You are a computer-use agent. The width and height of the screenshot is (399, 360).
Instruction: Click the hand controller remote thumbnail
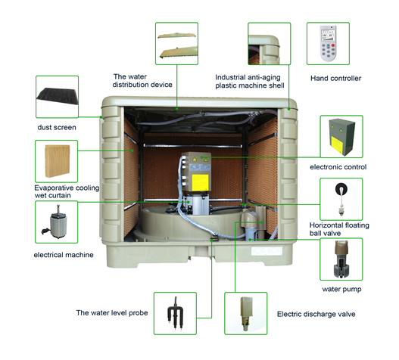coord(328,43)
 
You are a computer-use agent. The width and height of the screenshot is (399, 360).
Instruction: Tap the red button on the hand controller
coord(333,45)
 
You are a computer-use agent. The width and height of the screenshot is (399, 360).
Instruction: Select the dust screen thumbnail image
coord(57,97)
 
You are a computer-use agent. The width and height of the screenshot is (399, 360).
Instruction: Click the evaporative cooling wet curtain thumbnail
coord(56,161)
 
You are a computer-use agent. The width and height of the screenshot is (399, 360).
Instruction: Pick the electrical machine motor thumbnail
coord(56,222)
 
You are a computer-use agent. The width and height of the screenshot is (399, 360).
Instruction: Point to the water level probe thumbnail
coord(175,313)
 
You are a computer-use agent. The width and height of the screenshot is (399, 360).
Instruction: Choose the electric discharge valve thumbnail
coord(246,313)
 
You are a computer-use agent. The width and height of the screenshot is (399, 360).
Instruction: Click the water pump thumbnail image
coord(341,259)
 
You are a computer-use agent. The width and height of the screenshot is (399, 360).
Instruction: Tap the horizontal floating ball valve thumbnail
coord(341,200)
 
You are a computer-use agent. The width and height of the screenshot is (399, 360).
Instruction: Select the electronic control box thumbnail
coord(341,137)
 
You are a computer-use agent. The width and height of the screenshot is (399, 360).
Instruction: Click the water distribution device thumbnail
coord(176,43)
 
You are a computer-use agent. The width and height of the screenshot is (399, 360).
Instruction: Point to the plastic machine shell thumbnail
coord(270,43)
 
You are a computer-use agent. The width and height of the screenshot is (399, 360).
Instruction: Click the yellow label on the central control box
coord(200,182)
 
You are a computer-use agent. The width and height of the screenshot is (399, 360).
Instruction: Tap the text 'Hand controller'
coord(335,79)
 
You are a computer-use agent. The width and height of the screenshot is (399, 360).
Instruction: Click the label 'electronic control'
coord(338,167)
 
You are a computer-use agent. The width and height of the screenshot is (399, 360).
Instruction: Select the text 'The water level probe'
coord(112,312)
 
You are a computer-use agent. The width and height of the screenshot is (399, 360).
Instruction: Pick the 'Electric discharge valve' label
coord(316,314)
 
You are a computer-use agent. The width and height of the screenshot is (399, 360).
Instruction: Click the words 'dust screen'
coord(57,127)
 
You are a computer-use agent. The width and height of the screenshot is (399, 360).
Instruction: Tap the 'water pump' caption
coord(341,290)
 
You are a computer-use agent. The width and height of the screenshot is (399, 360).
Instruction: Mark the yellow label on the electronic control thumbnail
coord(337,143)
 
